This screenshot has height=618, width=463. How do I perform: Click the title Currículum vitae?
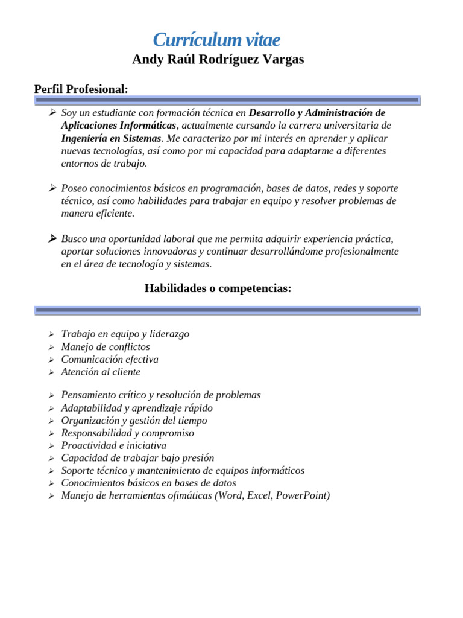[x=216, y=40]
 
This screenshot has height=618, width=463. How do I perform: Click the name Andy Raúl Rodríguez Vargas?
[x=218, y=60]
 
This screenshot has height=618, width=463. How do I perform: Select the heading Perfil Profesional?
[x=81, y=89]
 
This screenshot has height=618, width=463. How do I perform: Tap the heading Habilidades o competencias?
[x=218, y=288]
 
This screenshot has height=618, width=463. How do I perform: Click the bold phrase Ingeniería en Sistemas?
[x=111, y=138]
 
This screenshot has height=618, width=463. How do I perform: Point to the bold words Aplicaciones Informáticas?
[x=119, y=126]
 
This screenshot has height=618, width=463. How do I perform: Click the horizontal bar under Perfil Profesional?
[x=227, y=100]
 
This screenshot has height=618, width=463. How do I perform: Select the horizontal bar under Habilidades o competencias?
[x=227, y=310]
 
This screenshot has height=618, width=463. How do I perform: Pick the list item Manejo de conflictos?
[x=106, y=347]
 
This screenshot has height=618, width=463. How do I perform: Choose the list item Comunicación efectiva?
[x=110, y=360]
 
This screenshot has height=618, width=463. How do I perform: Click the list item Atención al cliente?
[x=101, y=372]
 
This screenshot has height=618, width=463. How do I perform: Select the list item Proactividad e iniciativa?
[x=113, y=445]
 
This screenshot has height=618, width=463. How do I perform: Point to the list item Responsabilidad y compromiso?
[x=128, y=433]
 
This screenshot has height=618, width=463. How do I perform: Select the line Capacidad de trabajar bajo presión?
[x=137, y=458]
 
